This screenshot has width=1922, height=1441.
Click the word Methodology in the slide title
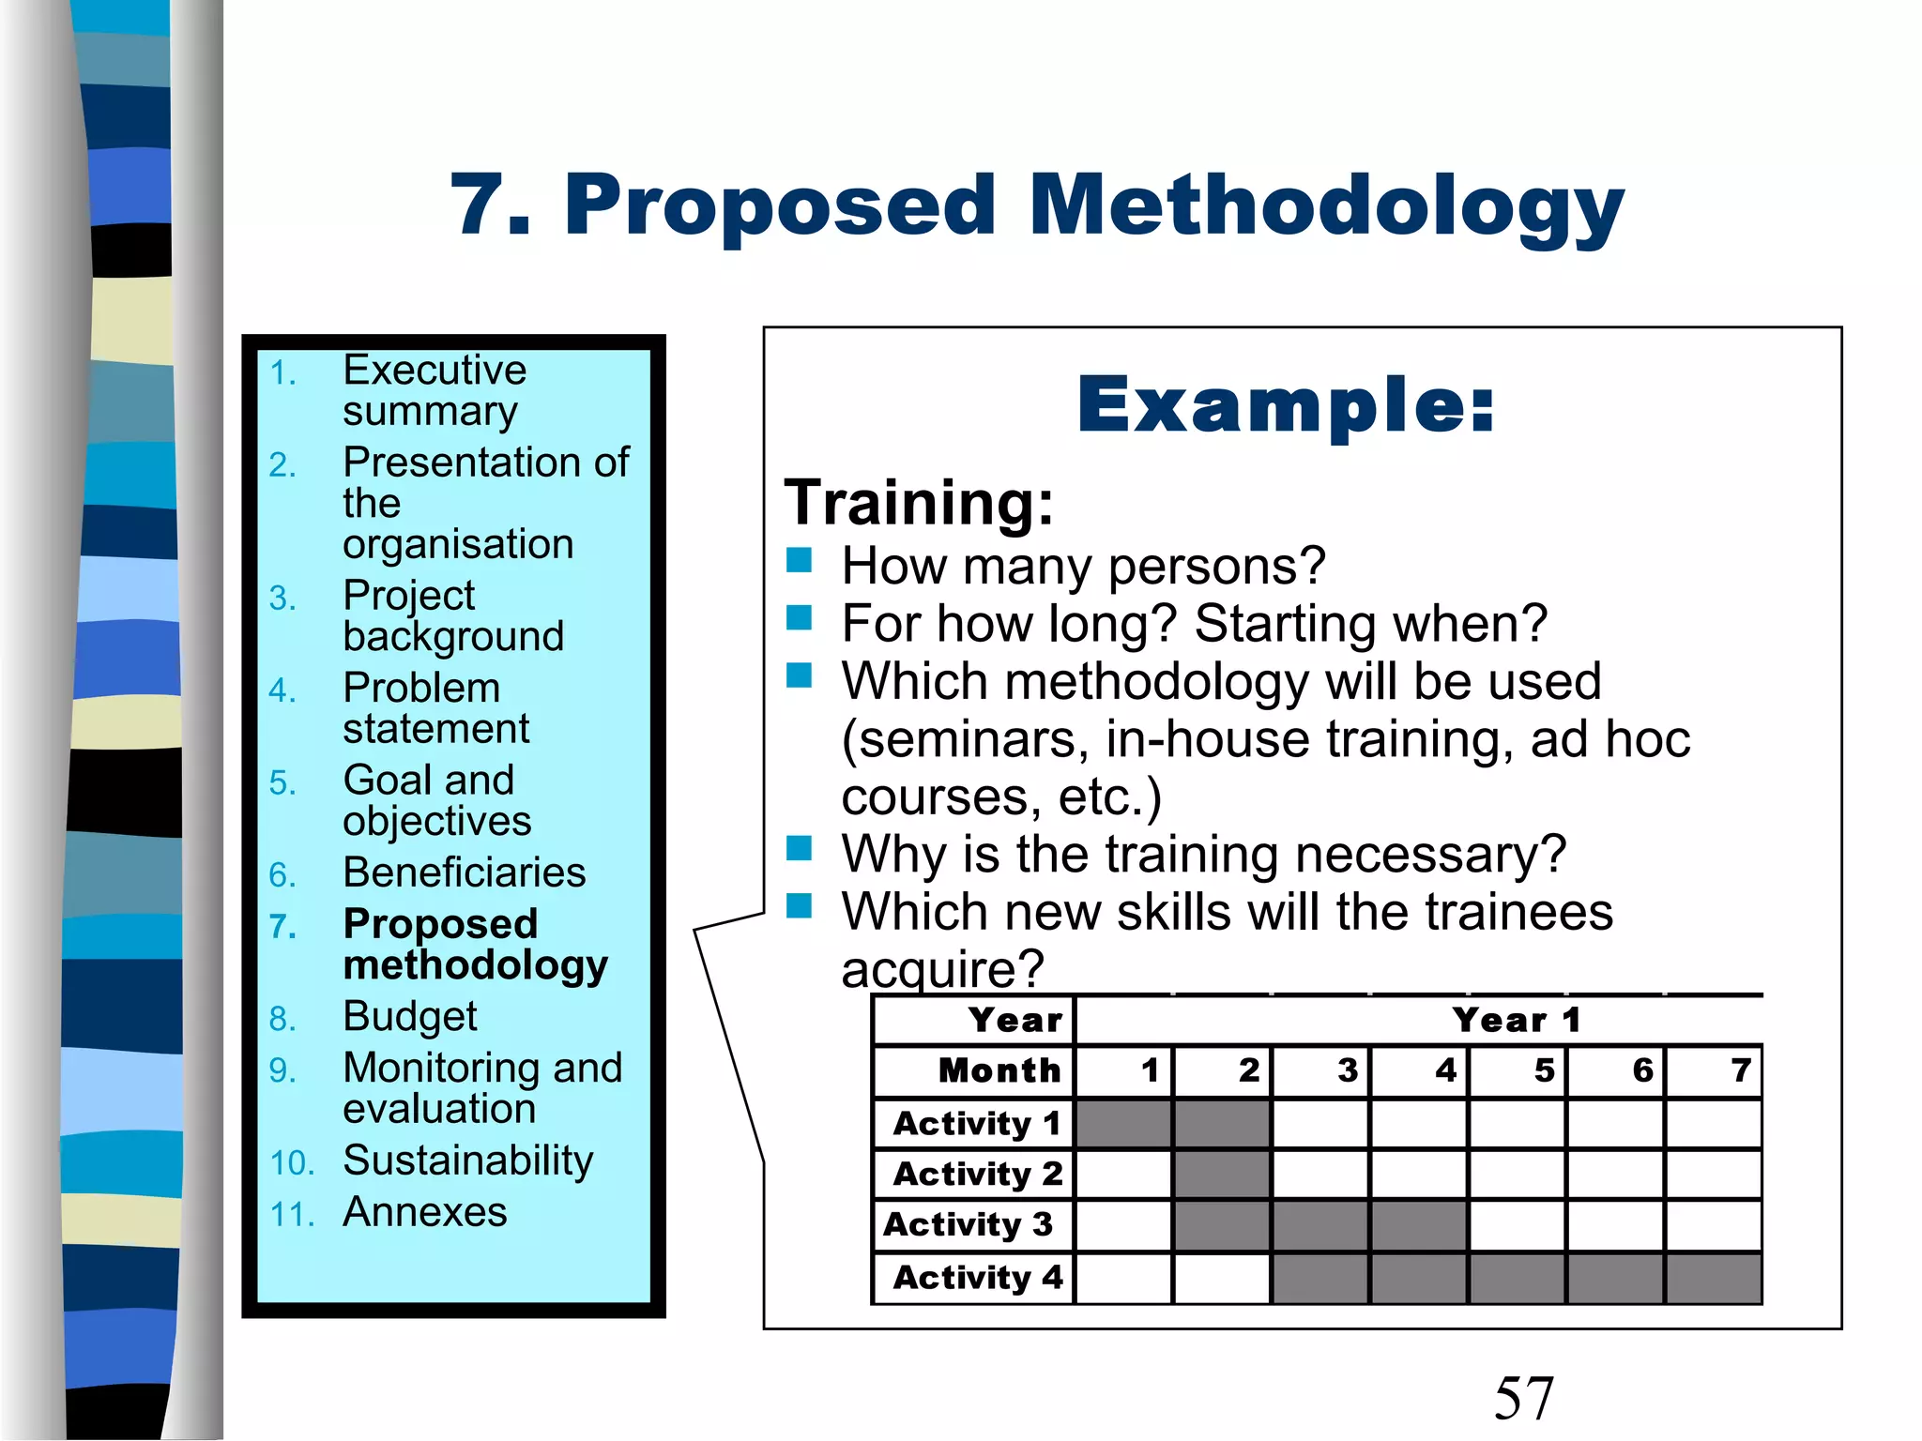pos(1325,208)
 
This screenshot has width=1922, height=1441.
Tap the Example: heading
pos(1285,406)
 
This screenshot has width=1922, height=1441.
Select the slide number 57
pos(1523,1398)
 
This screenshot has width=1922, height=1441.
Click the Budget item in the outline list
pos(409,1017)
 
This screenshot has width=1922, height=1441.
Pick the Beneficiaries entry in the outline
pos(464,873)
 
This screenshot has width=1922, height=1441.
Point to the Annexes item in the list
pos(424,1212)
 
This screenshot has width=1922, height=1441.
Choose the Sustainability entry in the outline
pos(467,1161)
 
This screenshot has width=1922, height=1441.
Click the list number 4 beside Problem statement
pos(282,691)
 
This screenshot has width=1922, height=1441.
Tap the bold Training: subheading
pos(919,503)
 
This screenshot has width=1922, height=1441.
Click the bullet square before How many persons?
pos(799,561)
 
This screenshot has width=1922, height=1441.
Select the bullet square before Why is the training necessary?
pos(799,849)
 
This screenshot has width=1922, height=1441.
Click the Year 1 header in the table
pos(1516,1021)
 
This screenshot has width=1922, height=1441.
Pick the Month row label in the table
pos(999,1070)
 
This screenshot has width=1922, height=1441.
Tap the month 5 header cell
pos(1518,1070)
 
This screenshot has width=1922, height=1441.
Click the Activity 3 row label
pos(968,1225)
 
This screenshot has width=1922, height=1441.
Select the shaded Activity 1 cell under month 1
pos(1123,1124)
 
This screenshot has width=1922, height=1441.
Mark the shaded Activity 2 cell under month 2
pos(1222,1175)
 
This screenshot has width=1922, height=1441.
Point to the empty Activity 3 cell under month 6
pos(1616,1225)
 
